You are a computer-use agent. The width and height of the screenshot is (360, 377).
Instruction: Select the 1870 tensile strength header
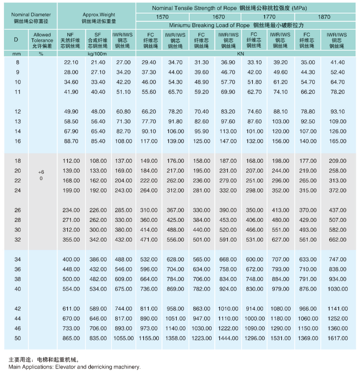pos(324,17)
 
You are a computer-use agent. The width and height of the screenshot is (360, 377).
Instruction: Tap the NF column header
pos(70,40)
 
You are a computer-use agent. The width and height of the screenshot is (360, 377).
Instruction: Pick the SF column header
pos(98,40)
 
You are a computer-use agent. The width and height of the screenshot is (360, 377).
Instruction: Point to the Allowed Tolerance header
pos(42,40)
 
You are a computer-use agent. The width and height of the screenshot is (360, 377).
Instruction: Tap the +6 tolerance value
pos(41,172)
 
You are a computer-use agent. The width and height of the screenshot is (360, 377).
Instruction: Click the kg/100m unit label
pos(96,54)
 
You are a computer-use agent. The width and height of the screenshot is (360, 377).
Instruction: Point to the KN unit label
pos(245,54)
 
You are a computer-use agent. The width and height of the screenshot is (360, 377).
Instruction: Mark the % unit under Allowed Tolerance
pos(41,54)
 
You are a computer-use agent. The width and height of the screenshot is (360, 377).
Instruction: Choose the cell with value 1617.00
pos(337,338)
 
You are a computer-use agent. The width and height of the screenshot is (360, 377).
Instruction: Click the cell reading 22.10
pos(71,62)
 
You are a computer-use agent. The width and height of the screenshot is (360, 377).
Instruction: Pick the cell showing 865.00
pos(71,338)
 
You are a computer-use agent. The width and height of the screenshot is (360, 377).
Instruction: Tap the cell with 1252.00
pos(337,319)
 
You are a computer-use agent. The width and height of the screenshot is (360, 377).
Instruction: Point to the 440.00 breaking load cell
pos(202,230)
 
